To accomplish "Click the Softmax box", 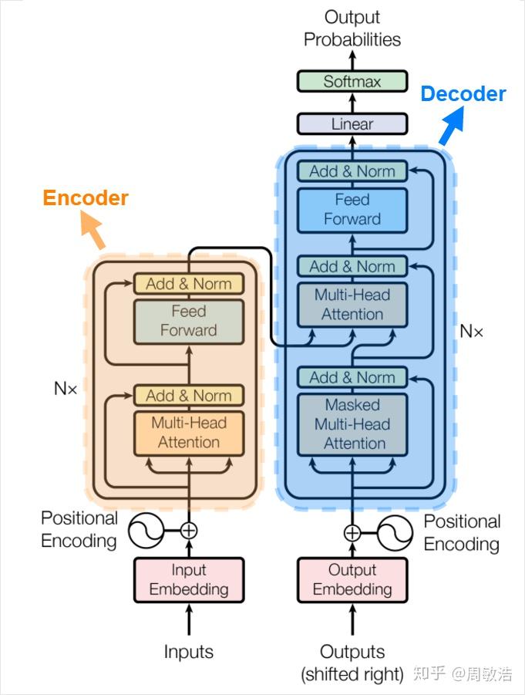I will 352,81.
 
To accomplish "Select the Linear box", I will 352,123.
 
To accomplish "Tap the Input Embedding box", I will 189,579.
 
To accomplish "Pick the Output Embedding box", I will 352,579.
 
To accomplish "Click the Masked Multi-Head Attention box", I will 352,423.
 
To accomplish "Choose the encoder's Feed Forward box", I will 189,321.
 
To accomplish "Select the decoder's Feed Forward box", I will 352,209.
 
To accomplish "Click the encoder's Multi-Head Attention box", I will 189,433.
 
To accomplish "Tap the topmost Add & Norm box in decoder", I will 352,171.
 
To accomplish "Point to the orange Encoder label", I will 86,198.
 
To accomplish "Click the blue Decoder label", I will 463,94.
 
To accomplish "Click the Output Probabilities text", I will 352,28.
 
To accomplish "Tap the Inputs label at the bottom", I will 189,652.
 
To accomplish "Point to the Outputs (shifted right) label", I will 352,663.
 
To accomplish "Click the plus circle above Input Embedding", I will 189,530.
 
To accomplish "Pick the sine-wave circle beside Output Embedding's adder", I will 393,532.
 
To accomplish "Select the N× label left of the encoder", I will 66,389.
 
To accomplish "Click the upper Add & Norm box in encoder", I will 189,284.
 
